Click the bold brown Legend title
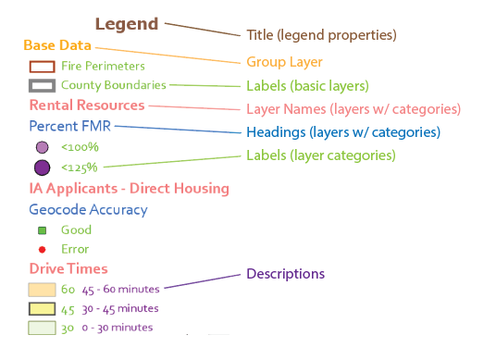click(x=127, y=24)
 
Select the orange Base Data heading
click(x=57, y=45)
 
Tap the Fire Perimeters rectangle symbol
click(x=41, y=67)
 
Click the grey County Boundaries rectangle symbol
click(x=41, y=85)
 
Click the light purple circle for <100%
click(x=42, y=147)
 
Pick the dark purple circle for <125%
click(x=42, y=168)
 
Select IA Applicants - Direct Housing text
click(x=129, y=189)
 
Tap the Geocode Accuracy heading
click(x=88, y=210)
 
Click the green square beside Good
click(x=42, y=230)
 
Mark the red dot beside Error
click(x=42, y=249)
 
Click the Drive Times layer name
click(x=68, y=269)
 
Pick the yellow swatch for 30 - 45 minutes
click(x=42, y=309)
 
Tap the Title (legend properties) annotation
click(x=321, y=35)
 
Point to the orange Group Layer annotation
click(x=284, y=63)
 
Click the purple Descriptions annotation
click(x=285, y=274)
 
